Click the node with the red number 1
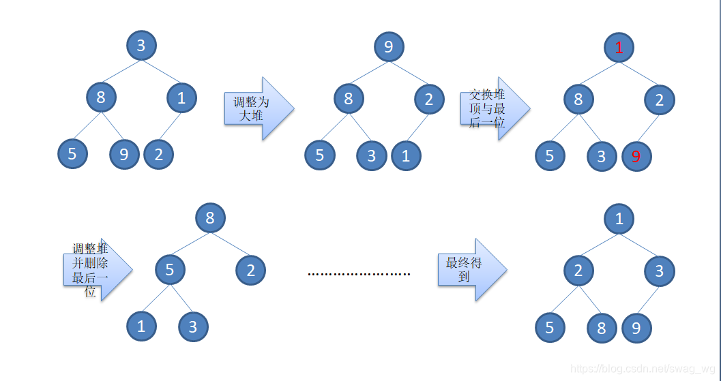tap(619, 47)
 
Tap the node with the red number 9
tap(636, 157)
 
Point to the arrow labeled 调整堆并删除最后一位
tap(95, 269)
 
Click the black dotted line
tap(359, 274)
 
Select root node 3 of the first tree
tap(141, 46)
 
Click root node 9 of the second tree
tap(389, 46)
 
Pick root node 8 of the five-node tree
tap(210, 218)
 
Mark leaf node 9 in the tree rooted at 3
tap(124, 155)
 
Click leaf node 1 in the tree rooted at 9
tap(406, 156)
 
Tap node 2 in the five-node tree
tap(251, 271)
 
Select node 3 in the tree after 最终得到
tap(660, 271)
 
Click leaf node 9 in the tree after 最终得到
tap(636, 329)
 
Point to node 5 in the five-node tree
tap(170, 271)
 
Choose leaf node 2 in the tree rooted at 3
tap(159, 155)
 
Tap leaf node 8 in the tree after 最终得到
tap(602, 329)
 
